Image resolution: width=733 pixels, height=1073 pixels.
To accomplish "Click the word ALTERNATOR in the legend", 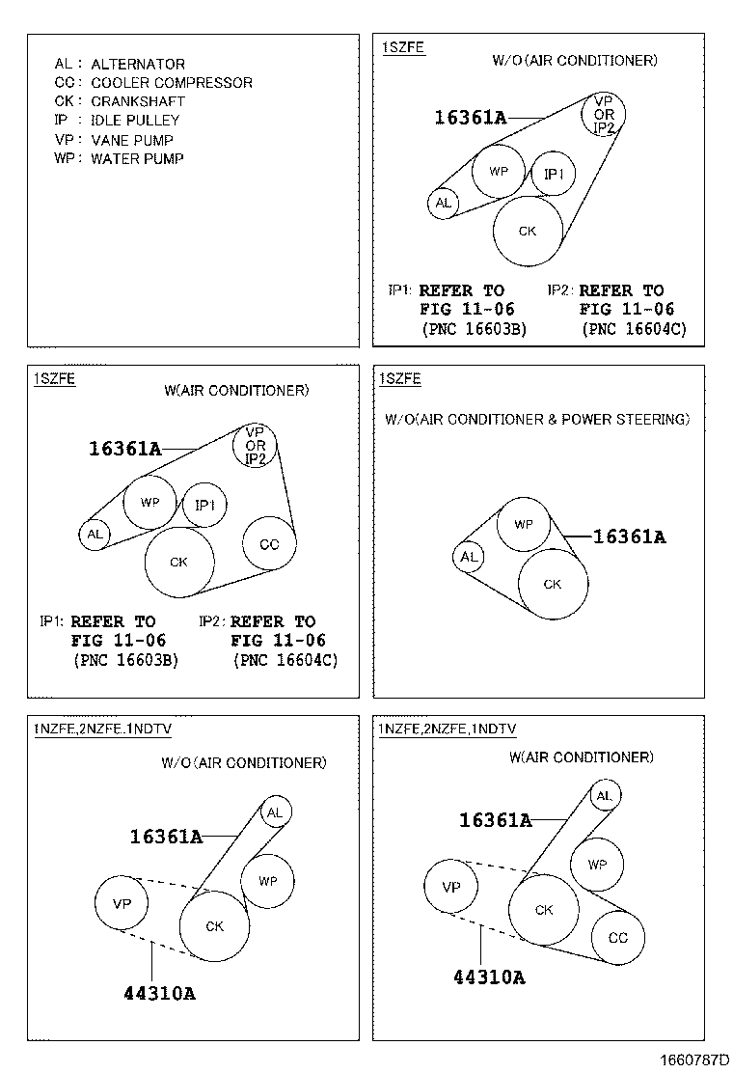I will coord(138,65).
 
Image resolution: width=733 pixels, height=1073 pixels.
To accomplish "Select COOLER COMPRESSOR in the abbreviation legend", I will coord(172,83).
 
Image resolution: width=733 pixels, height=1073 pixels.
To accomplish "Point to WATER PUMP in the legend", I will coord(137,158).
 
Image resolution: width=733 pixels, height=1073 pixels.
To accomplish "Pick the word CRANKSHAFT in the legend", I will coord(138,101).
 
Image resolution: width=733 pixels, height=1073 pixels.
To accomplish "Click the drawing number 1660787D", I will coord(694,1060).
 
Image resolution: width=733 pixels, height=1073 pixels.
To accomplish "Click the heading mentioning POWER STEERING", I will coord(537,420).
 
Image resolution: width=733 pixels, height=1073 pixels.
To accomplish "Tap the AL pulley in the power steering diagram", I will coord(469,557).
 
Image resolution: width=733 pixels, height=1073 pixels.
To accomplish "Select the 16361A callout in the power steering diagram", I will coord(629,536).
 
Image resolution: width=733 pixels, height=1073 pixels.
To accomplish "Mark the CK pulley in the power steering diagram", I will coord(553,584).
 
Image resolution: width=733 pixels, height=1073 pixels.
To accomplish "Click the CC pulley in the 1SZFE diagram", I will coord(269,544).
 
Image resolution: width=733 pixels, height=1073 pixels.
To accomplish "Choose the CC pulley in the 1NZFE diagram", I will coord(617,937).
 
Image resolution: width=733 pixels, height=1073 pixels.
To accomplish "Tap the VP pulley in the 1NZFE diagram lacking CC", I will coord(122,904).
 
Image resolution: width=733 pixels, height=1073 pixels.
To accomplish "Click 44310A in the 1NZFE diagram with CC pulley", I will coord(489,977).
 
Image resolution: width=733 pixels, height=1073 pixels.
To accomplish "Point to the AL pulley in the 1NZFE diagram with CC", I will coord(604,796).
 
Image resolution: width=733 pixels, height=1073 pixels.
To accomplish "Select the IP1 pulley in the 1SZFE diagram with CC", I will coord(204,505).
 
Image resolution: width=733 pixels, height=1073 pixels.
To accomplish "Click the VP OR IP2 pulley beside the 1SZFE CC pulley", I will coord(256,446).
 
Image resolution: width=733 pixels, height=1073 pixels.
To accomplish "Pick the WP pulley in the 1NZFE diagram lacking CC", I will coord(267,881).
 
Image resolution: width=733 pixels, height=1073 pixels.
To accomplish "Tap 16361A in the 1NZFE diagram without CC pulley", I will coord(166,837).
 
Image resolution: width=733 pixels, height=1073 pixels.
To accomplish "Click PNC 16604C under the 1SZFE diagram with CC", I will coord(285,661).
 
